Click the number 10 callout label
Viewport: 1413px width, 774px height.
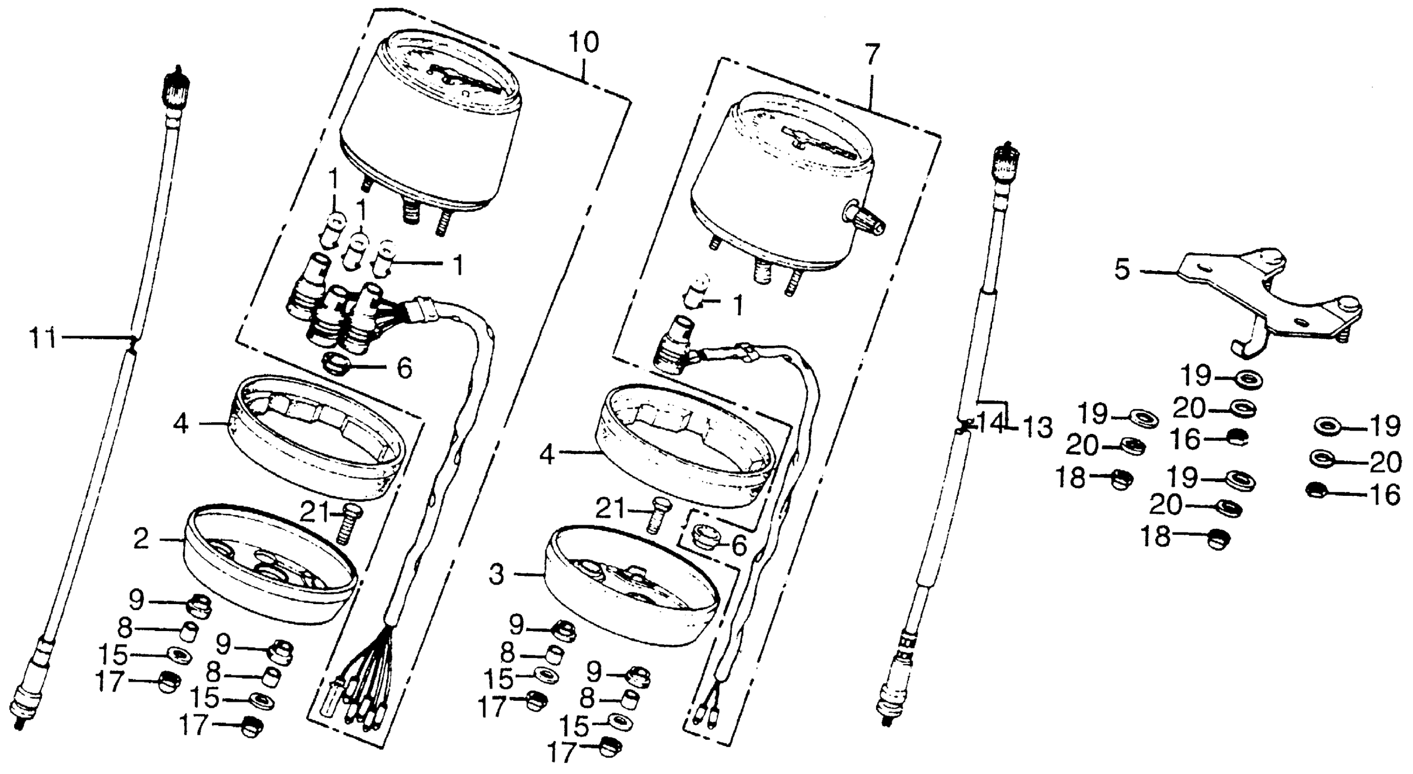pyautogui.click(x=583, y=42)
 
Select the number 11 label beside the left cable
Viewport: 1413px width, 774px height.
pyautogui.click(x=43, y=338)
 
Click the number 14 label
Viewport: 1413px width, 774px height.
pyautogui.click(x=994, y=423)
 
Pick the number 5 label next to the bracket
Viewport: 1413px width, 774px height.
pyautogui.click(x=1123, y=270)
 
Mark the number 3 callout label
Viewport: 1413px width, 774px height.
pyautogui.click(x=496, y=575)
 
